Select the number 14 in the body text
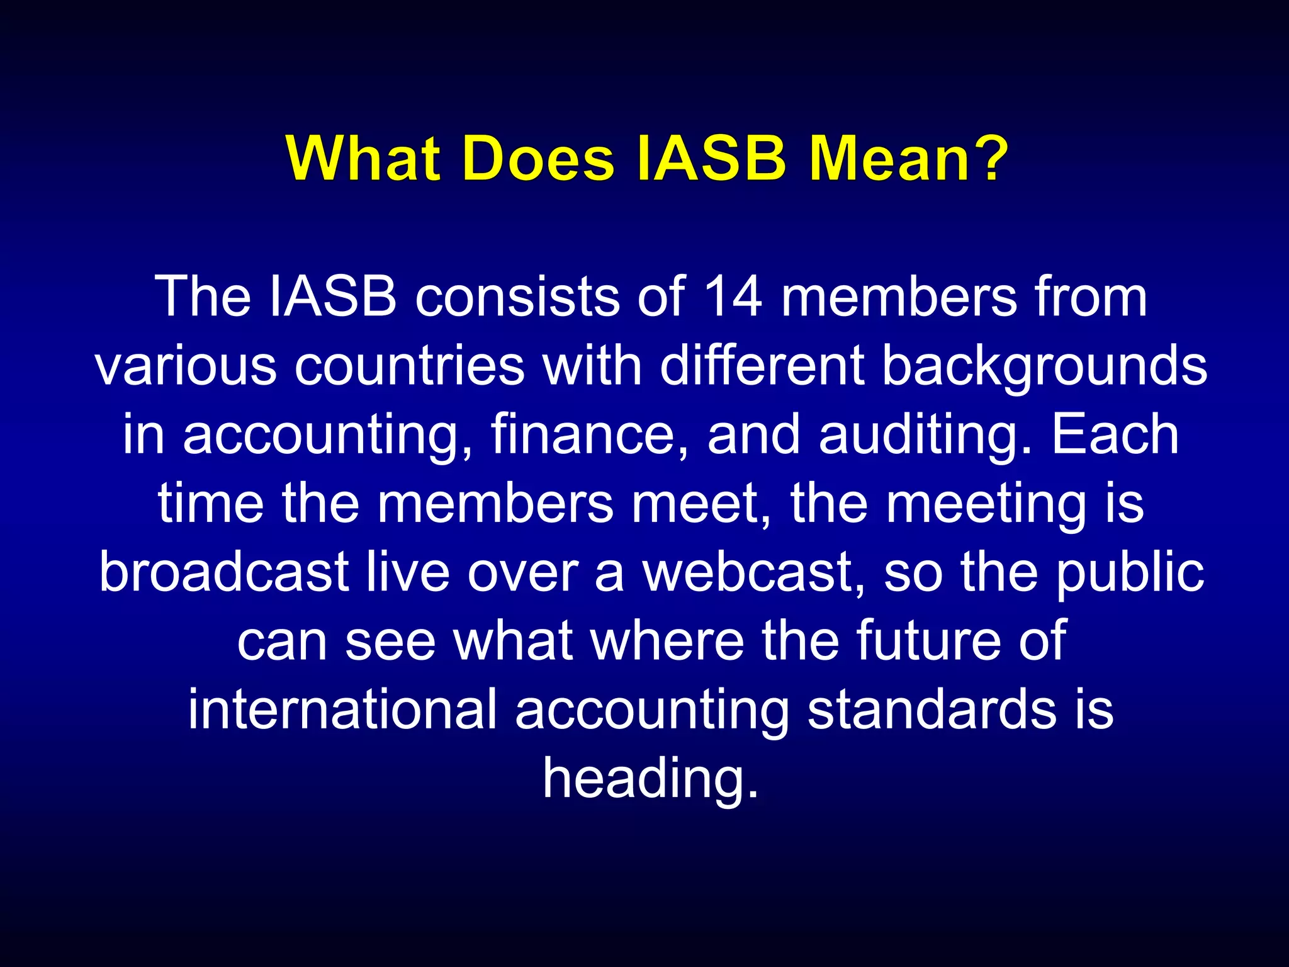(732, 297)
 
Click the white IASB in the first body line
(333, 297)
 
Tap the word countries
(409, 366)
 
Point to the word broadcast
(224, 573)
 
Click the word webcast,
(753, 573)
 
